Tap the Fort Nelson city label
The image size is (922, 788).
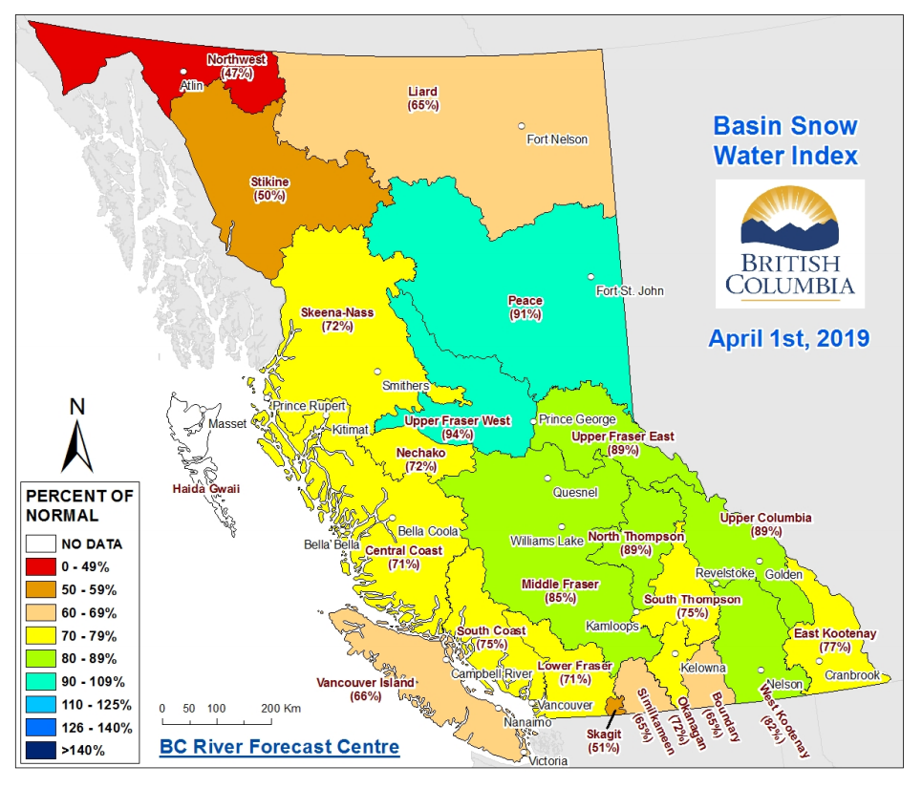coord(557,139)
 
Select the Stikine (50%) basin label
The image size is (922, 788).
coord(270,188)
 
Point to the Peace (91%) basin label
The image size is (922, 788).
coord(525,308)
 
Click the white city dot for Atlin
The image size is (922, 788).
coord(184,72)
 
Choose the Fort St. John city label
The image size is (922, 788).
coord(628,291)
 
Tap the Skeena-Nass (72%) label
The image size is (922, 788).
coord(338,319)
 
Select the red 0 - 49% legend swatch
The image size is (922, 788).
coord(40,567)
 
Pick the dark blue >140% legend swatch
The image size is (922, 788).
coord(40,750)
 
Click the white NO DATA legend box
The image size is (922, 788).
coord(40,544)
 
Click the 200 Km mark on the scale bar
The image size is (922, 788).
coord(278,709)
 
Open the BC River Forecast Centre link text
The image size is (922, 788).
coord(279,747)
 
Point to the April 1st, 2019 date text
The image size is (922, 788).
coord(788,338)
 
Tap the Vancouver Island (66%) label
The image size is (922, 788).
coord(366,689)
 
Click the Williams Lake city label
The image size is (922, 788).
coord(546,541)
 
